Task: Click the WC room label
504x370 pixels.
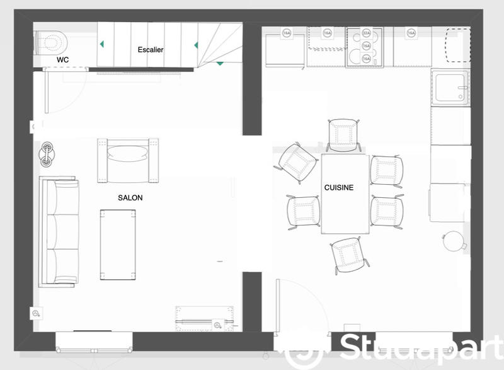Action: click(x=63, y=60)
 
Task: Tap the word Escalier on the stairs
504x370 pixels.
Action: click(x=151, y=49)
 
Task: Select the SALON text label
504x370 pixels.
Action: click(x=130, y=198)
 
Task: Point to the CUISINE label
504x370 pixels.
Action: click(x=338, y=188)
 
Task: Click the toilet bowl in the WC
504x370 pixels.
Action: click(x=50, y=43)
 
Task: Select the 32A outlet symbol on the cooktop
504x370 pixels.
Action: click(x=367, y=33)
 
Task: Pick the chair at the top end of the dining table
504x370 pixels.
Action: click(x=343, y=136)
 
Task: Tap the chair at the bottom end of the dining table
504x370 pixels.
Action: click(x=350, y=254)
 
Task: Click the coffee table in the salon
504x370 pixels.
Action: click(x=118, y=245)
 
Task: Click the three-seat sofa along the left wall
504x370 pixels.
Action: click(x=59, y=230)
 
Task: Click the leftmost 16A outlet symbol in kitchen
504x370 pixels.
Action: click(x=286, y=33)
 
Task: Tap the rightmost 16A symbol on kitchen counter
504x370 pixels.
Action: click(x=411, y=33)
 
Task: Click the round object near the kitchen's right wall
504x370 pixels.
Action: click(x=452, y=240)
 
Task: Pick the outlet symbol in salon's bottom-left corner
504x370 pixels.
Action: click(x=37, y=313)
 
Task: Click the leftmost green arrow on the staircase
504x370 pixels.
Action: click(x=100, y=45)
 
